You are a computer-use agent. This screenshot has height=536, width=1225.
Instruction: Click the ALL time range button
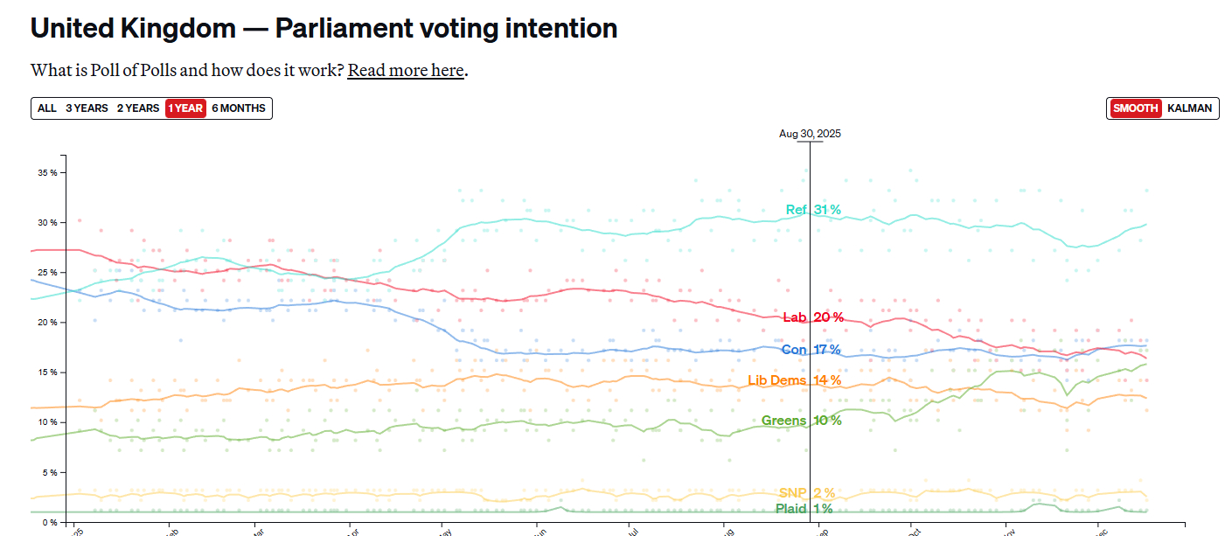click(46, 108)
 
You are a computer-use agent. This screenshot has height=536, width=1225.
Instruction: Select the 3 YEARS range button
click(87, 108)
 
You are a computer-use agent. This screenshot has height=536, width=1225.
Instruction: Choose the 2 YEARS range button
click(138, 108)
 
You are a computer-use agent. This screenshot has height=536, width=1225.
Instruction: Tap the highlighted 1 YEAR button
click(185, 108)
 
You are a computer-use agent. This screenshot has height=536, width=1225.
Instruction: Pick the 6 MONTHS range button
click(240, 108)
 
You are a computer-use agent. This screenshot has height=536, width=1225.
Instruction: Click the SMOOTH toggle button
click(1136, 108)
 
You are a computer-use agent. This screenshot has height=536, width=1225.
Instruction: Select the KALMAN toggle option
click(1189, 108)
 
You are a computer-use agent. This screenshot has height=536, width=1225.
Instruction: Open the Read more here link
click(405, 70)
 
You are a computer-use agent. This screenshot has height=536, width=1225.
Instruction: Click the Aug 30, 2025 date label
click(810, 134)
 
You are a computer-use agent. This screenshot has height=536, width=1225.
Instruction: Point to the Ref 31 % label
click(812, 210)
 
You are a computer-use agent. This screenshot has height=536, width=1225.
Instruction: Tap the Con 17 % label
click(811, 350)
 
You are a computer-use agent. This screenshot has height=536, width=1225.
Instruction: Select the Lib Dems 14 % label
click(794, 380)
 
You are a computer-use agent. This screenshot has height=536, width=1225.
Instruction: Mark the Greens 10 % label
click(801, 421)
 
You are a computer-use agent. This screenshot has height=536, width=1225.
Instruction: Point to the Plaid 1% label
click(804, 509)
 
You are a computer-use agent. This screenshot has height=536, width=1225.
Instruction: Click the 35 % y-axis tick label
click(47, 173)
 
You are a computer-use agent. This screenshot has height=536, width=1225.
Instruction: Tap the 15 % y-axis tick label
click(47, 372)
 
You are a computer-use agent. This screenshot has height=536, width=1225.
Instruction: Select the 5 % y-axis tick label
click(50, 472)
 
